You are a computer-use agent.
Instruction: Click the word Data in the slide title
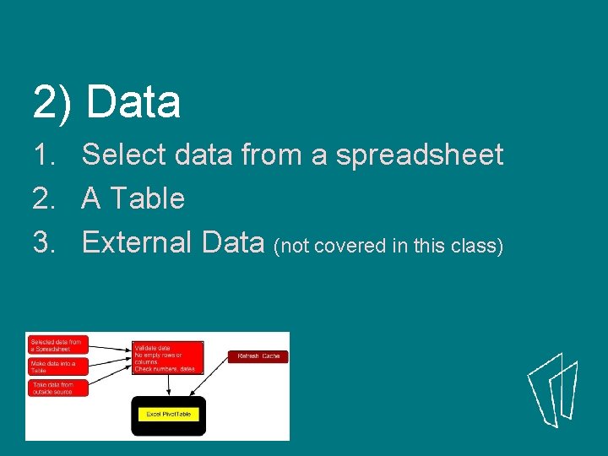[x=133, y=103]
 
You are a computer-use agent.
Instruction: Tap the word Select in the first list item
[x=125, y=155]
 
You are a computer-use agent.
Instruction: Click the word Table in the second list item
[x=147, y=198]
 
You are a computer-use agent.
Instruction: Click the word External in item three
[x=138, y=242]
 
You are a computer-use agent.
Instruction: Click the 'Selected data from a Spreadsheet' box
[x=57, y=345]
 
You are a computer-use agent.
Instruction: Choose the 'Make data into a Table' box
[x=57, y=366]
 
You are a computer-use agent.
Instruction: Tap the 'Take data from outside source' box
[x=57, y=388]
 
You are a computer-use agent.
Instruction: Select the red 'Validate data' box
[x=167, y=357]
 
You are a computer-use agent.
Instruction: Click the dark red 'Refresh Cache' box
[x=258, y=356]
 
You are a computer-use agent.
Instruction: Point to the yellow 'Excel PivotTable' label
[x=169, y=414]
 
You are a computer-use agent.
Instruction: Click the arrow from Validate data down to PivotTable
[x=169, y=385]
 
